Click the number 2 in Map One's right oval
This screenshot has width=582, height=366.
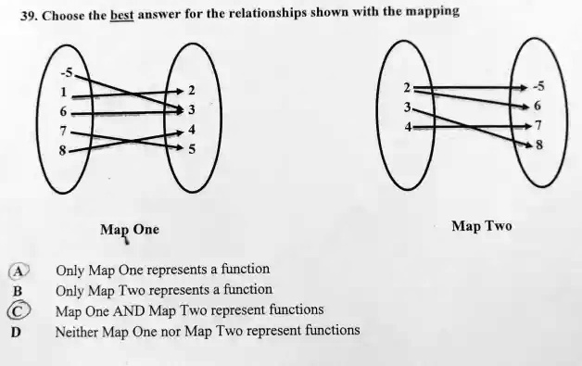pyautogui.click(x=191, y=92)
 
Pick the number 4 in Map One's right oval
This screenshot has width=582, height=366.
pyautogui.click(x=191, y=130)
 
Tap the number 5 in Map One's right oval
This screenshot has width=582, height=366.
pyautogui.click(x=191, y=148)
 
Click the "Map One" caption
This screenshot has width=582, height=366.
pyautogui.click(x=129, y=229)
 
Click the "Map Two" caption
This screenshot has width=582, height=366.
pyautogui.click(x=481, y=225)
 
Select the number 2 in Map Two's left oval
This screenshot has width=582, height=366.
pyautogui.click(x=407, y=87)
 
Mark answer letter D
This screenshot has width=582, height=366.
pyautogui.click(x=16, y=331)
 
